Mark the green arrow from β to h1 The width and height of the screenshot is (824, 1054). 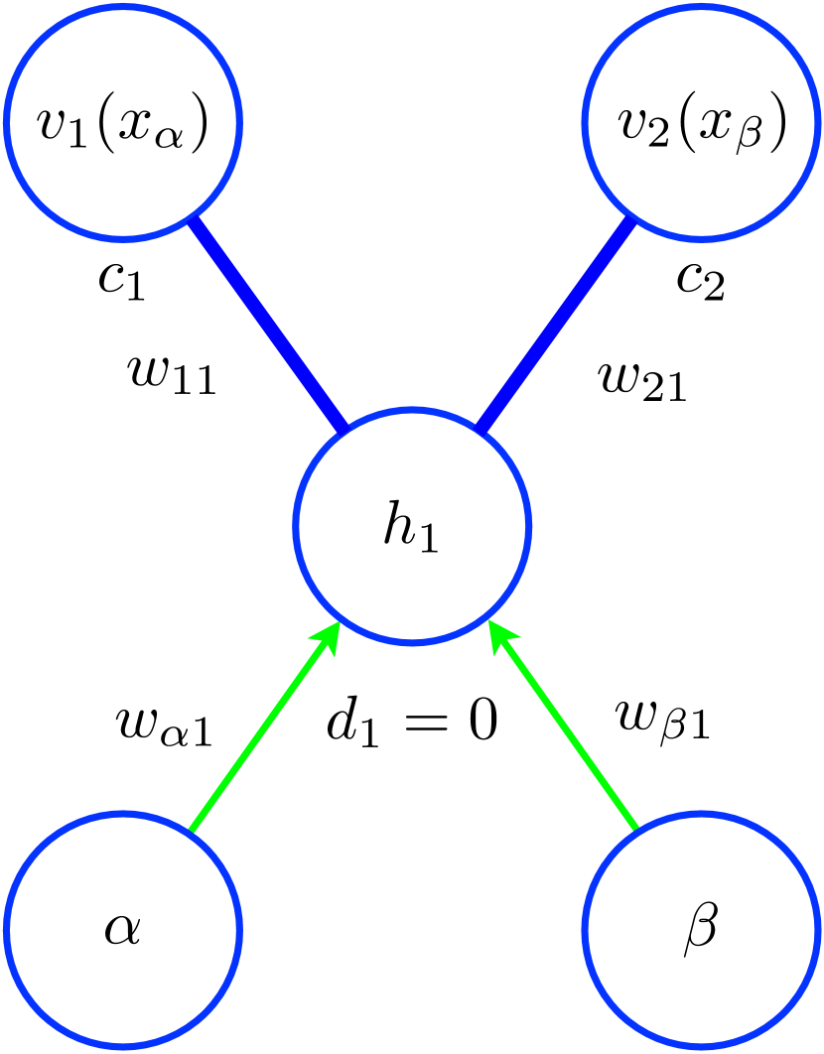point(564,729)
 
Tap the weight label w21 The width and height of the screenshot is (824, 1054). point(643,380)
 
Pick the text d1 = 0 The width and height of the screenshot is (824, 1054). point(411,725)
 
